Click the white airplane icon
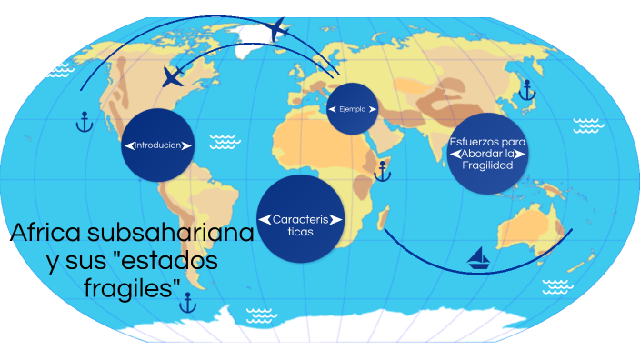click(x=277, y=30)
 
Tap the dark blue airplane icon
click(x=172, y=77)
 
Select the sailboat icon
click(x=479, y=259)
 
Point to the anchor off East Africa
click(x=383, y=169)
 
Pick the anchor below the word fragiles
click(x=187, y=304)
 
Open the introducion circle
click(x=159, y=145)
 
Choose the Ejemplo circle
click(x=353, y=109)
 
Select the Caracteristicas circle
click(x=300, y=219)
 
